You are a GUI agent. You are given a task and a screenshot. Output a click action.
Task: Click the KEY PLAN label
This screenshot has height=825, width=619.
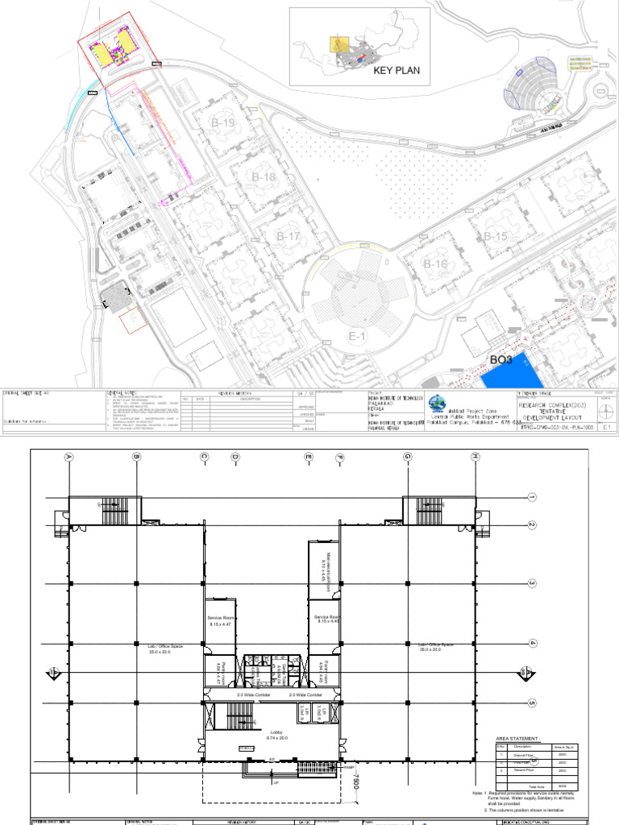[397, 71]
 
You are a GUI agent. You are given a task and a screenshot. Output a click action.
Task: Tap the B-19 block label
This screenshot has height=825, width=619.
[223, 122]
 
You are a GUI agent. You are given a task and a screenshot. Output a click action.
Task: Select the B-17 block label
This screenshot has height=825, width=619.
[289, 237]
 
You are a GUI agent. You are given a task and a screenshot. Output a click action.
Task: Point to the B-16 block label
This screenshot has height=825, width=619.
[435, 263]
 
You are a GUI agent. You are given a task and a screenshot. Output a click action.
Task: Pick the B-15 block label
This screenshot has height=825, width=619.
[496, 236]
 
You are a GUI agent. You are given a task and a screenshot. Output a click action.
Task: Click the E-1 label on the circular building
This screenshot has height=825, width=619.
[357, 335]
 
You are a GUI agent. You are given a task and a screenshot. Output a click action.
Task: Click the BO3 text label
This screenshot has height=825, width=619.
[502, 359]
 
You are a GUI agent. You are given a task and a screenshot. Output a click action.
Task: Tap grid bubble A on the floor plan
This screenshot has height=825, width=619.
[69, 457]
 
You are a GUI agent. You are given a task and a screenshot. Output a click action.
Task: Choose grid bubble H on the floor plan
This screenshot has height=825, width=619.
[476, 457]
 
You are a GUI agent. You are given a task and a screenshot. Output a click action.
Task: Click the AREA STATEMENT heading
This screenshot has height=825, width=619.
[517, 738]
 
